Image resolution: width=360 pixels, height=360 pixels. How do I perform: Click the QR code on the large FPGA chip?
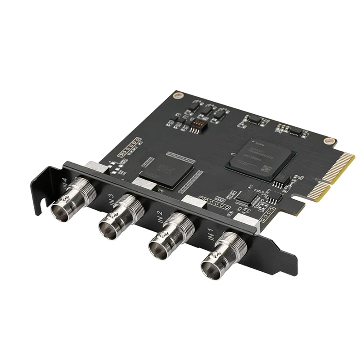coord(266,170)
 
